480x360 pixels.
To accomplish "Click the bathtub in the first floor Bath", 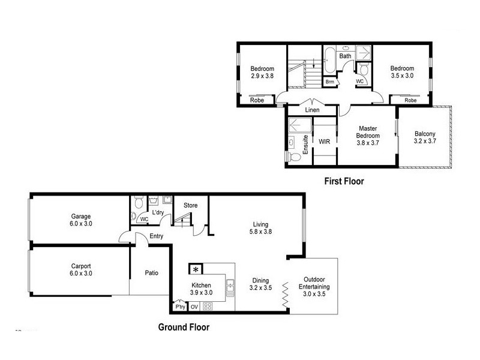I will point(330,59).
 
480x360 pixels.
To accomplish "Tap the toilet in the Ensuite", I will point(293,157).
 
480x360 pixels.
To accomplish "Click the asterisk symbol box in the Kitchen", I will point(196,269).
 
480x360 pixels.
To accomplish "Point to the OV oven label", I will point(194,307).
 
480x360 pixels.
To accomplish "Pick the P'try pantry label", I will point(179,307).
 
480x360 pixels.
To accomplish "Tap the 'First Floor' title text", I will point(344,181).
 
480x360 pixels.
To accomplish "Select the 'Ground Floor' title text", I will point(184,328).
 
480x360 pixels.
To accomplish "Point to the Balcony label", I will point(425,134).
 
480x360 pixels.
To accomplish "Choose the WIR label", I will point(324,142).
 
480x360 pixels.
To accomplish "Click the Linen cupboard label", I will point(312,110).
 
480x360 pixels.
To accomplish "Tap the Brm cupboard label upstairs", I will point(329,81).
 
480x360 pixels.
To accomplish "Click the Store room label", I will point(190,206).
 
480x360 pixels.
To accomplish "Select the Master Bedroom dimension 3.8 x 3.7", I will point(367,143).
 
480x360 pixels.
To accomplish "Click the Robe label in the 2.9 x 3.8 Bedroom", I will point(257,101).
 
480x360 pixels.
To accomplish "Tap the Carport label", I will point(80,266).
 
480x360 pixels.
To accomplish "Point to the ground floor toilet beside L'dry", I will point(139,201).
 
